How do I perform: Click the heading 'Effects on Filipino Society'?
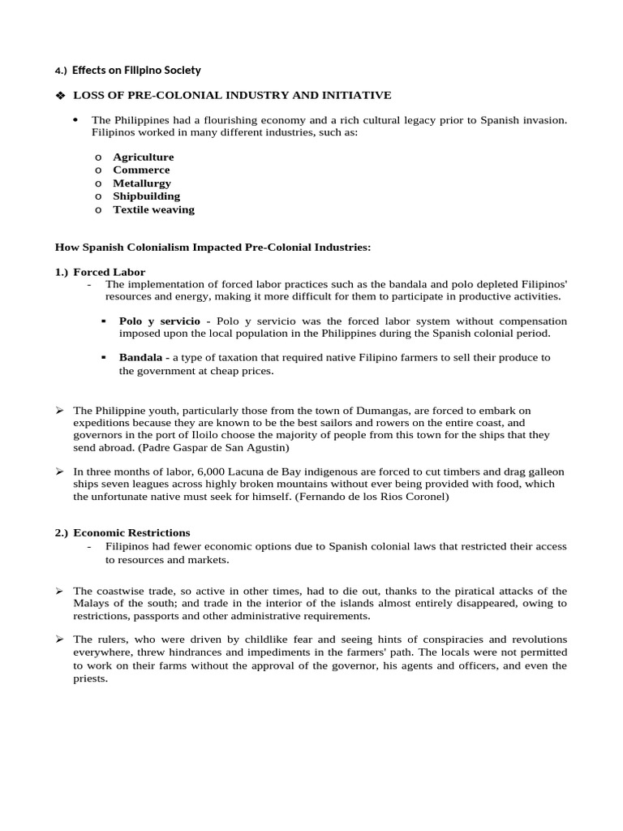coord(136,71)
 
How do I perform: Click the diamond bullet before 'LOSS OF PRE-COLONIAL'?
coord(59,96)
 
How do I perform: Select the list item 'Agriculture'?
coord(143,157)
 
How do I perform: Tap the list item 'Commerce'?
coord(141,170)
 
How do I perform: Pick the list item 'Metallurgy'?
coord(142,183)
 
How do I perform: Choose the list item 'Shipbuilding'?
coord(146,196)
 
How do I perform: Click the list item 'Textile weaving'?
coord(153,209)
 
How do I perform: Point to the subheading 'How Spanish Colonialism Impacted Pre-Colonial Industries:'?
coord(213,247)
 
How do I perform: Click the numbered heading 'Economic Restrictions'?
coord(131,533)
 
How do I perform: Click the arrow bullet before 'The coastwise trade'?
coord(59,591)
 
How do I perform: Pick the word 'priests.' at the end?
coord(90,678)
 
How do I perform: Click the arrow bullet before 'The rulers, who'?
coord(59,639)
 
